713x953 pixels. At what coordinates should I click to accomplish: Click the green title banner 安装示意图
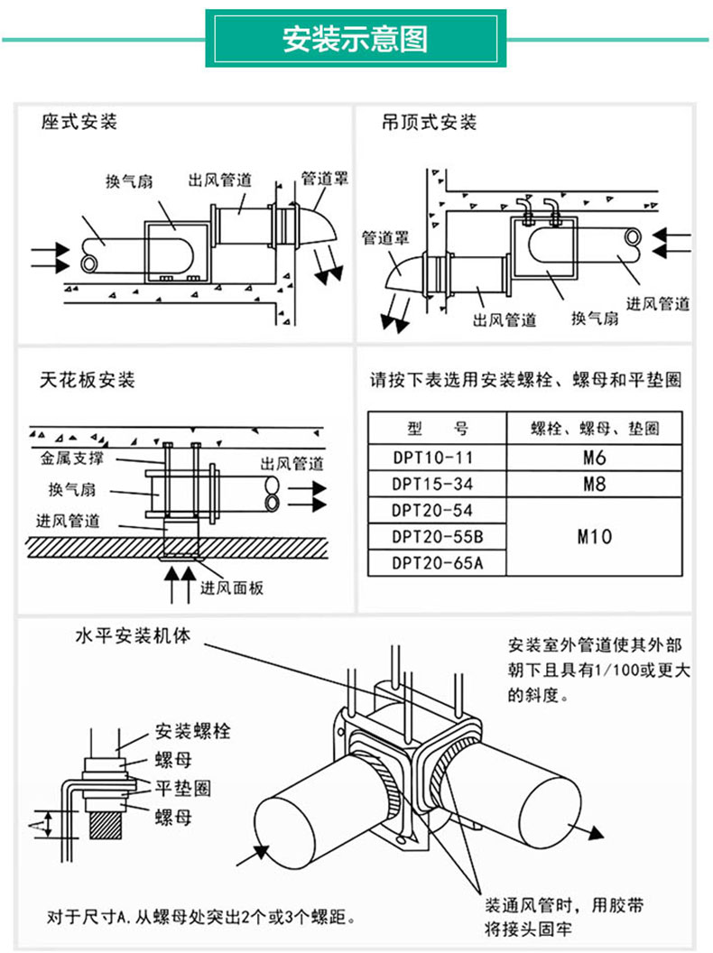pos(355,39)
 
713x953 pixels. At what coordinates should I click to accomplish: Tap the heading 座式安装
pos(79,121)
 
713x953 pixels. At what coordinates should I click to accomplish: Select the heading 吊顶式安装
pos(429,122)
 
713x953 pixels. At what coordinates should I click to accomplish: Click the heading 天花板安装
pos(88,380)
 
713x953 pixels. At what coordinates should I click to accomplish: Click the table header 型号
pos(437,429)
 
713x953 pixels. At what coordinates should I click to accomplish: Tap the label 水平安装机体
pos(133,635)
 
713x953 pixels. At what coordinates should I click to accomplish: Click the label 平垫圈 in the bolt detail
pos(184,788)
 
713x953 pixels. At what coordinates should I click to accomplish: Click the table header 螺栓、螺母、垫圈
pos(594,429)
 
